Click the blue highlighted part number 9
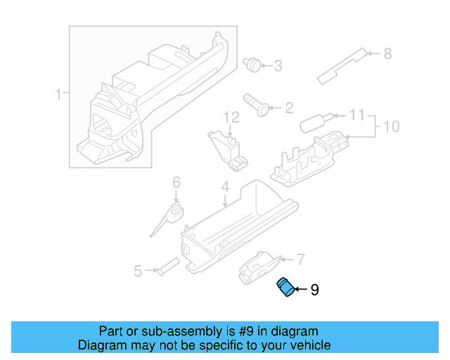[x=285, y=288]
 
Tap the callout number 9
[x=314, y=289]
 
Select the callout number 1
[x=60, y=94]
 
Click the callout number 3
[x=278, y=66]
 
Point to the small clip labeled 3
[x=251, y=65]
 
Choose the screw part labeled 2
[x=256, y=104]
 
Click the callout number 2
[x=288, y=108]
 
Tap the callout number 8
[x=387, y=53]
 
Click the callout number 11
[x=357, y=114]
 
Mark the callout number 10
[x=391, y=127]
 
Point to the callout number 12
[x=231, y=117]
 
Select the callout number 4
[x=225, y=187]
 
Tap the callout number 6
[x=176, y=183]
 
